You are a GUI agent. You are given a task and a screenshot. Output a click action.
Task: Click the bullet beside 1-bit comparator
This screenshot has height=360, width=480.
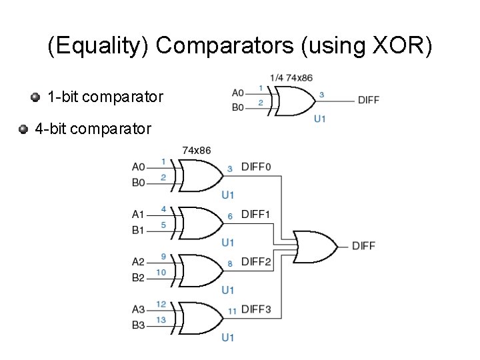[x=35, y=97]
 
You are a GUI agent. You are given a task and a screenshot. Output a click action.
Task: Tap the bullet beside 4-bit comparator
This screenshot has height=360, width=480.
[x=23, y=128]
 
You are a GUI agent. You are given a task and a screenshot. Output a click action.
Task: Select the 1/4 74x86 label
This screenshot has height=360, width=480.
[x=291, y=77]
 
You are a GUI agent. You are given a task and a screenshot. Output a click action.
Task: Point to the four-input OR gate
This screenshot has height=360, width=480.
[x=315, y=246]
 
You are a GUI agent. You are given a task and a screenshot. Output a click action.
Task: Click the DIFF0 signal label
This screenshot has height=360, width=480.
[x=256, y=167]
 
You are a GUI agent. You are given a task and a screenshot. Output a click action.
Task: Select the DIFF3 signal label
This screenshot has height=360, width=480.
[x=256, y=309]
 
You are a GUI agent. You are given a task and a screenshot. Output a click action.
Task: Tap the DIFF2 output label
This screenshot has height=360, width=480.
[x=256, y=262]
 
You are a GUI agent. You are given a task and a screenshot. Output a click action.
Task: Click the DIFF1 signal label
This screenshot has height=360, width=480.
[x=256, y=214]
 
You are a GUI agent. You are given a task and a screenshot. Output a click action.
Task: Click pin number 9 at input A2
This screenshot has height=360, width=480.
[x=163, y=257]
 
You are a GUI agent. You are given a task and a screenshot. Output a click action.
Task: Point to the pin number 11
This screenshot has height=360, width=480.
[x=231, y=311]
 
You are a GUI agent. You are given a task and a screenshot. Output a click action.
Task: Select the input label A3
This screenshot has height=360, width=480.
[x=138, y=309]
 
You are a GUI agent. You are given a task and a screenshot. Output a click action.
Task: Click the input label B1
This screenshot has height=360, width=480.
[x=138, y=230]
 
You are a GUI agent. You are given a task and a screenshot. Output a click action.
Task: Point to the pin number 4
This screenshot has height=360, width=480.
[x=163, y=209]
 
